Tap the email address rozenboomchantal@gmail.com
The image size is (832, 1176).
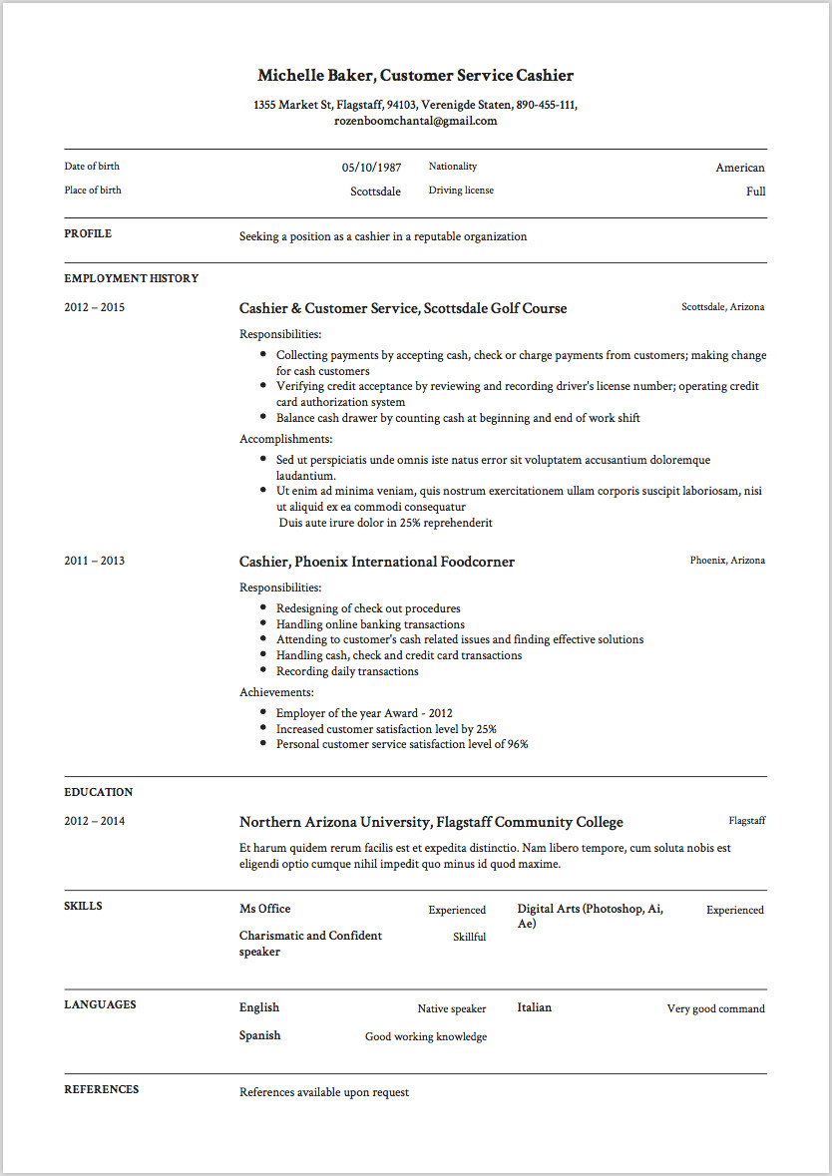(x=415, y=121)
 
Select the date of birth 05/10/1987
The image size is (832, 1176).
(x=371, y=168)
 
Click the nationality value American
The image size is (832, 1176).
(x=739, y=168)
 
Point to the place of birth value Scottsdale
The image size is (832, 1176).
(x=375, y=192)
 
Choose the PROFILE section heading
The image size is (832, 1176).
(x=88, y=233)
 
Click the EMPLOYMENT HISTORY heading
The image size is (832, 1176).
(x=131, y=278)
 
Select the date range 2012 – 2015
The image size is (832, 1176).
(x=95, y=307)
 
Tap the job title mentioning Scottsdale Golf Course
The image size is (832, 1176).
(x=402, y=308)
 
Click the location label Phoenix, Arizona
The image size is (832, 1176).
(x=727, y=561)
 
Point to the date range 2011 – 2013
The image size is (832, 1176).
(x=95, y=561)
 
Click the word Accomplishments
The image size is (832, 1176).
(x=285, y=439)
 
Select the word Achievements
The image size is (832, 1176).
(x=276, y=692)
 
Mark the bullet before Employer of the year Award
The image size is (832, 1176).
(x=262, y=713)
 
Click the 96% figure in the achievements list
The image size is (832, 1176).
(x=517, y=744)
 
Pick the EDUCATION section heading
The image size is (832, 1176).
(x=98, y=792)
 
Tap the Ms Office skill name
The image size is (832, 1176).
(x=264, y=909)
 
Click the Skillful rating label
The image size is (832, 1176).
(x=469, y=937)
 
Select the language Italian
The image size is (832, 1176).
(x=534, y=1007)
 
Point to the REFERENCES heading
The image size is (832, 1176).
(x=101, y=1089)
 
